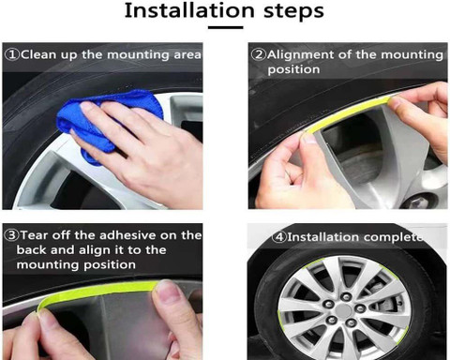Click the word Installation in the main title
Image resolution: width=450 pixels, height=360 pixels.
[189, 10]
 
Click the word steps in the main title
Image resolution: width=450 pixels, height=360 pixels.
[293, 11]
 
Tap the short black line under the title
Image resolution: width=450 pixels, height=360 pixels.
[226, 27]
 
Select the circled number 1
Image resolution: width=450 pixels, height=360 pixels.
[12, 54]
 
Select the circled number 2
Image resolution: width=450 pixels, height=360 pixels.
[259, 54]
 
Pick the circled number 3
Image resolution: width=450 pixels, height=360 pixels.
[12, 235]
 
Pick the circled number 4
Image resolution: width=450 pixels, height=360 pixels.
[278, 237]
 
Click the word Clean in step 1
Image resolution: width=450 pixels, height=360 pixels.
[39, 54]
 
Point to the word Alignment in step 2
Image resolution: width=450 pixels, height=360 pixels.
[301, 55]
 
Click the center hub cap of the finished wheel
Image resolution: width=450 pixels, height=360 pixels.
[343, 310]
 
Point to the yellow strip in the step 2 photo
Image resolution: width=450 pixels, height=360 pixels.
[347, 113]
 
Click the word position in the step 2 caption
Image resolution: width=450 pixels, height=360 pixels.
[293, 69]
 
